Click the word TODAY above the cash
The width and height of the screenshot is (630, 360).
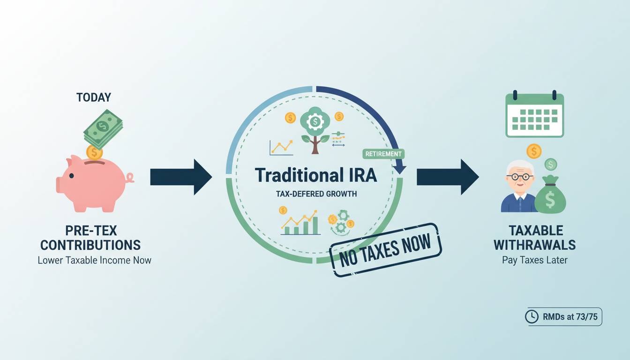click(94, 97)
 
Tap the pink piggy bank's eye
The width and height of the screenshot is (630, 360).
click(71, 176)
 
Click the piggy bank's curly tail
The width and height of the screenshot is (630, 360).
click(130, 178)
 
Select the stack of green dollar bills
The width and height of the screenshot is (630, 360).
click(103, 129)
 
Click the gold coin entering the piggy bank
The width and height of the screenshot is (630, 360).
click(94, 153)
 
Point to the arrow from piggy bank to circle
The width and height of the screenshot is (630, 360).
click(181, 177)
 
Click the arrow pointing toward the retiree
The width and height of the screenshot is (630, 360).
click(448, 177)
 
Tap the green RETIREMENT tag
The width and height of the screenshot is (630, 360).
click(383, 154)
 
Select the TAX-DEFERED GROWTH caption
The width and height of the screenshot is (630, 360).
click(316, 194)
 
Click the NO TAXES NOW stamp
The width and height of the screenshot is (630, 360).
click(386, 250)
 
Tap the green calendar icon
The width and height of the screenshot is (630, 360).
click(535, 114)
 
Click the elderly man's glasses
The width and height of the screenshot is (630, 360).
click(520, 177)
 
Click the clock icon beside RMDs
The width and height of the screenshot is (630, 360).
click(532, 317)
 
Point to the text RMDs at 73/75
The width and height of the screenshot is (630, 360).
click(570, 317)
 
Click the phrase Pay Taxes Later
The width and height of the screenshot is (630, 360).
click(535, 260)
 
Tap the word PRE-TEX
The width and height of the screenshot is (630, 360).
click(91, 231)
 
